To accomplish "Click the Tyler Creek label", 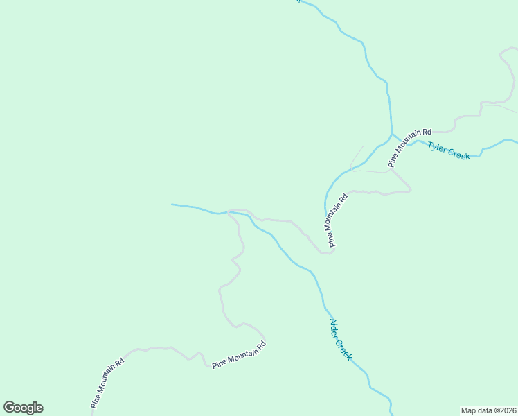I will click(x=449, y=150).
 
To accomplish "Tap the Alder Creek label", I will click(x=340, y=339).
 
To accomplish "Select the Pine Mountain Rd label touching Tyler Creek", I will click(x=410, y=148).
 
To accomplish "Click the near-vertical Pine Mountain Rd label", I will click(x=336, y=220).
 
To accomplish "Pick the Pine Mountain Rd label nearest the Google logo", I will click(x=107, y=382).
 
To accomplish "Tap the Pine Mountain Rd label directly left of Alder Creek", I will click(x=239, y=354).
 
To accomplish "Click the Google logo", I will click(x=23, y=408).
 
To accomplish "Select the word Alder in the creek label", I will click(x=334, y=327).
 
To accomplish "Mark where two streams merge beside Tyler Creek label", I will click(x=392, y=134).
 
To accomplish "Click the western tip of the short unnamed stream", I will click(x=172, y=205).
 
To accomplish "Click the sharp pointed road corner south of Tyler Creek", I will click(x=411, y=189).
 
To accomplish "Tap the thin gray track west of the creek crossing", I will click(x=357, y=157).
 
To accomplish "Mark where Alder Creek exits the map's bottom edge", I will click(x=393, y=414).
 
